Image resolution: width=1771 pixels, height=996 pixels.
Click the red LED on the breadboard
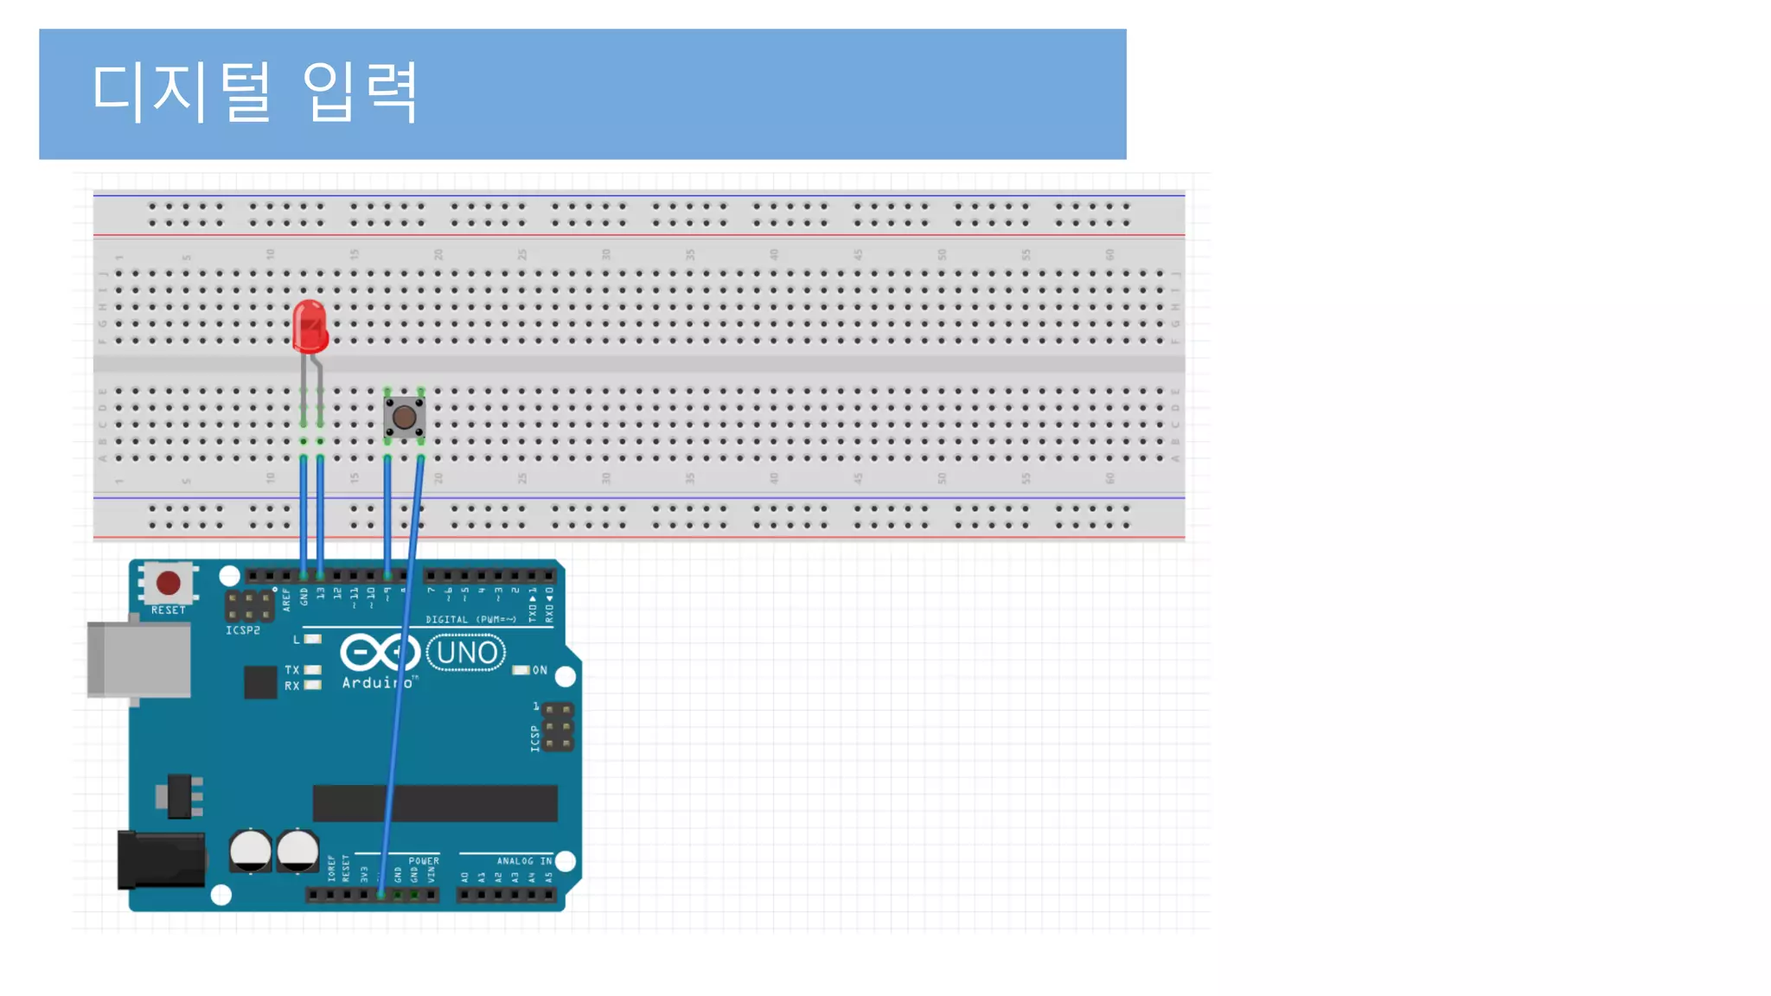tap(310, 327)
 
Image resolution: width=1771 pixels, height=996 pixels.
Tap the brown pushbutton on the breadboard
tap(404, 418)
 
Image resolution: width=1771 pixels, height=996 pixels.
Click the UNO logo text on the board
tap(467, 653)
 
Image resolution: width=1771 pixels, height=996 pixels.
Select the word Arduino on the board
tap(377, 682)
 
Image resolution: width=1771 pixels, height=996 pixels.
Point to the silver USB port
tap(139, 659)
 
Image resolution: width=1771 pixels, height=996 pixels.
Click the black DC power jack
tap(161, 859)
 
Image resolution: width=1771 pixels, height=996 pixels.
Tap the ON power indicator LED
tap(521, 670)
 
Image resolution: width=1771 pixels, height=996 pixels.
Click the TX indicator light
tap(313, 670)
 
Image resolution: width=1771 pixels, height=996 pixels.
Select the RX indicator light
tap(313, 685)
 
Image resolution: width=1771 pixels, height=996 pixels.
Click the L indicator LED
tap(313, 639)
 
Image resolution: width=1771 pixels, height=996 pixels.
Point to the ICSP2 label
tap(243, 630)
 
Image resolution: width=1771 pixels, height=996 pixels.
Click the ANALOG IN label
tap(524, 861)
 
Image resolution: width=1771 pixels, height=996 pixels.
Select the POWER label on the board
tap(424, 861)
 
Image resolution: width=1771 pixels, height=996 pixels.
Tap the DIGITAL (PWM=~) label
tap(470, 619)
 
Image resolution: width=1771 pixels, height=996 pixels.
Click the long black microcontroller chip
tap(435, 803)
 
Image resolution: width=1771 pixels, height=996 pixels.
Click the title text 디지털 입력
tap(255, 92)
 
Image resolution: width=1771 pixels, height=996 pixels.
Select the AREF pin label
tap(287, 599)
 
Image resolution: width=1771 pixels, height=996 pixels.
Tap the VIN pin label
tap(432, 875)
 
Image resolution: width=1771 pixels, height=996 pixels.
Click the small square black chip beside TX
tap(260, 682)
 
